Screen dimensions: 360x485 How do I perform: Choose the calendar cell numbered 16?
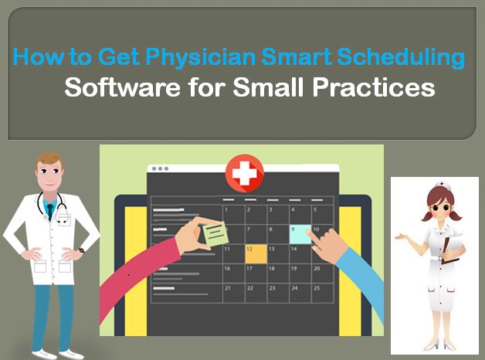[x=233, y=273]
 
